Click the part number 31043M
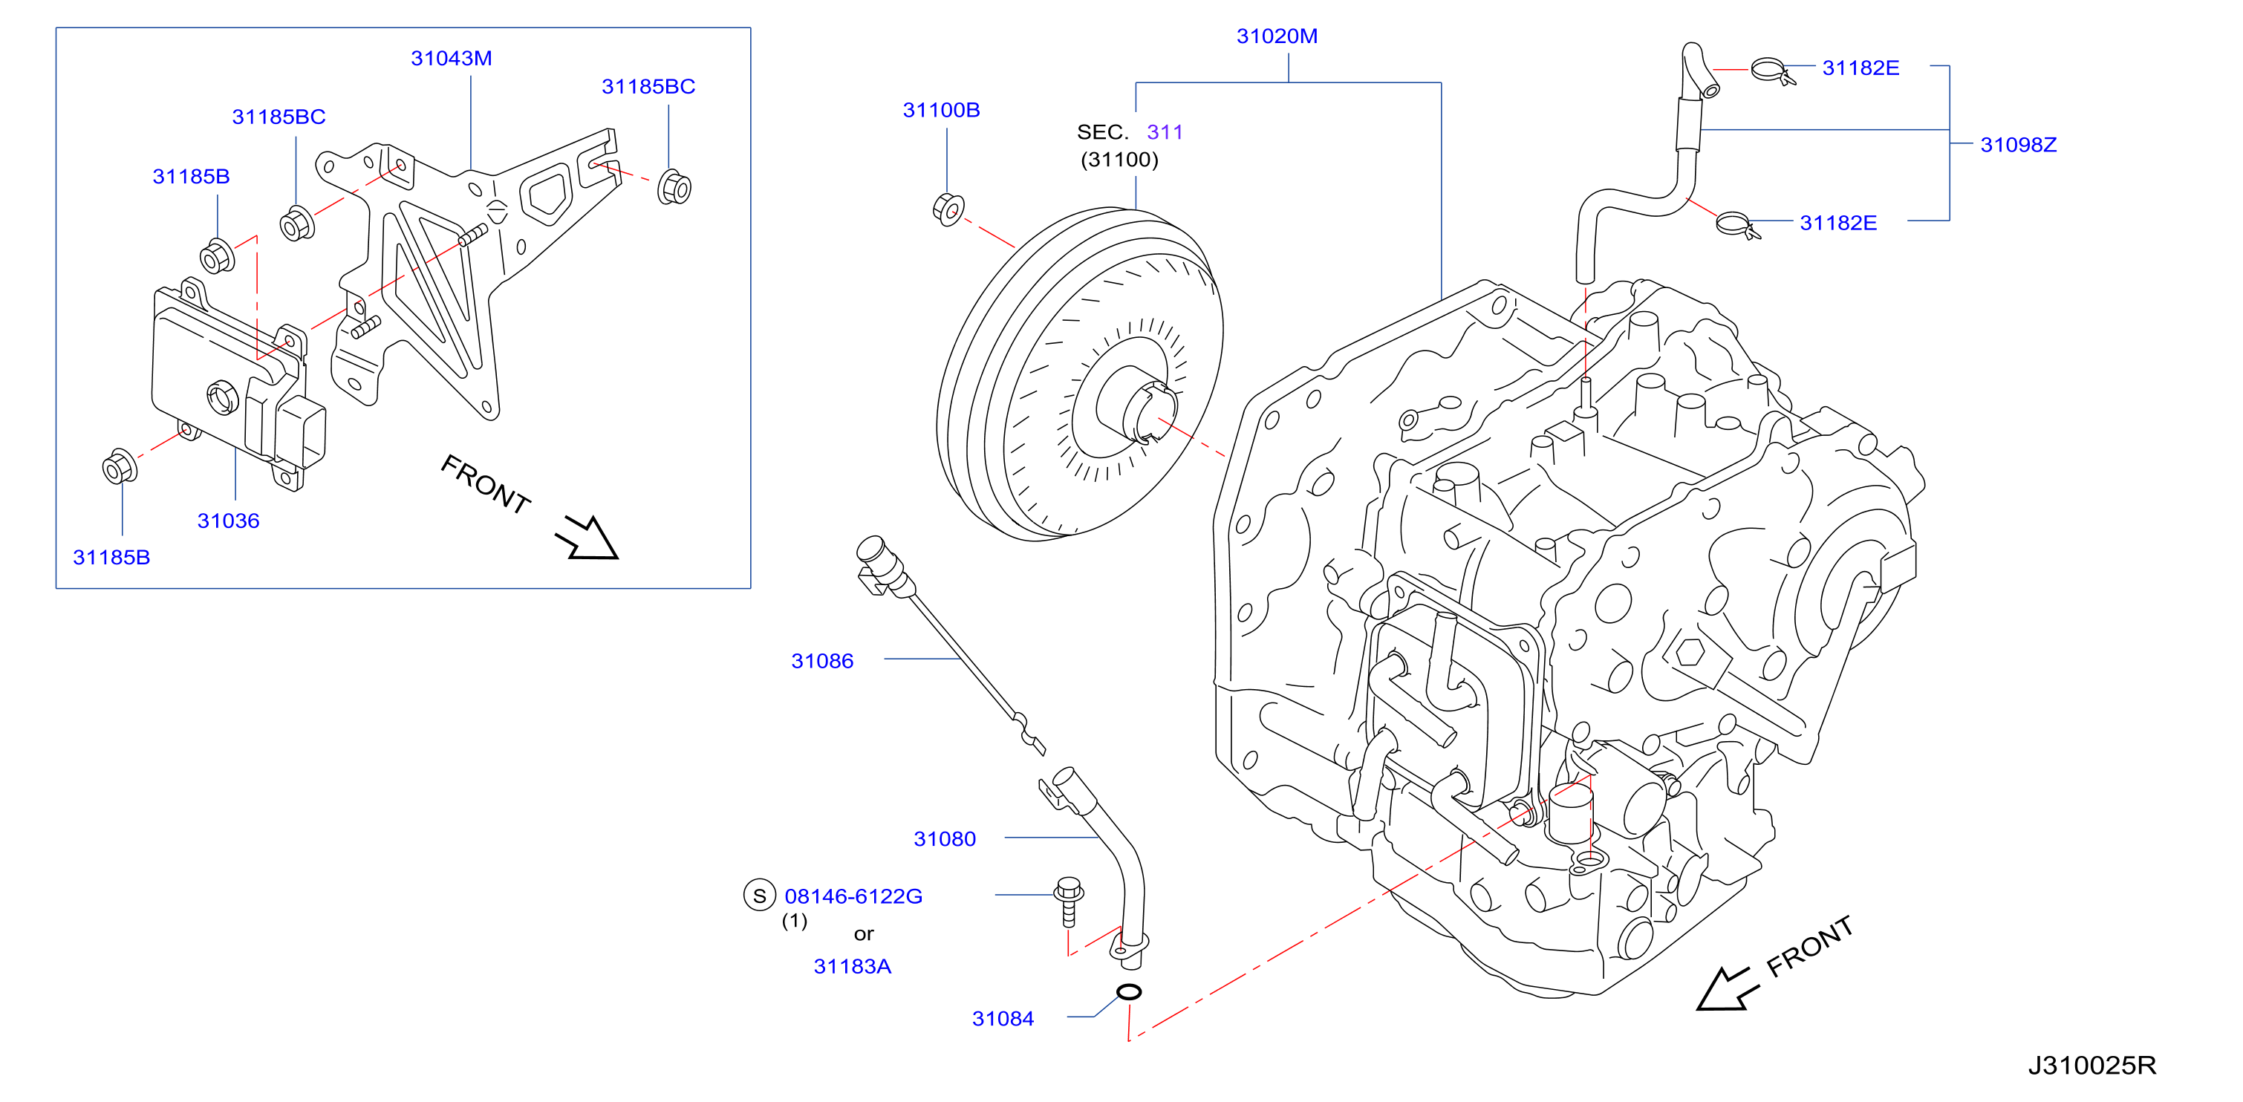pos(451,59)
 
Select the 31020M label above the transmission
pos(1277,36)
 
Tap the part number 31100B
pos(941,111)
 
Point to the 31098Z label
pos(2019,145)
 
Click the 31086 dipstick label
pos(822,661)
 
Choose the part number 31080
pos(945,838)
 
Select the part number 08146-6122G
pos(853,896)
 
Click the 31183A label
pos(853,966)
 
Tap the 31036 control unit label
pos(228,521)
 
